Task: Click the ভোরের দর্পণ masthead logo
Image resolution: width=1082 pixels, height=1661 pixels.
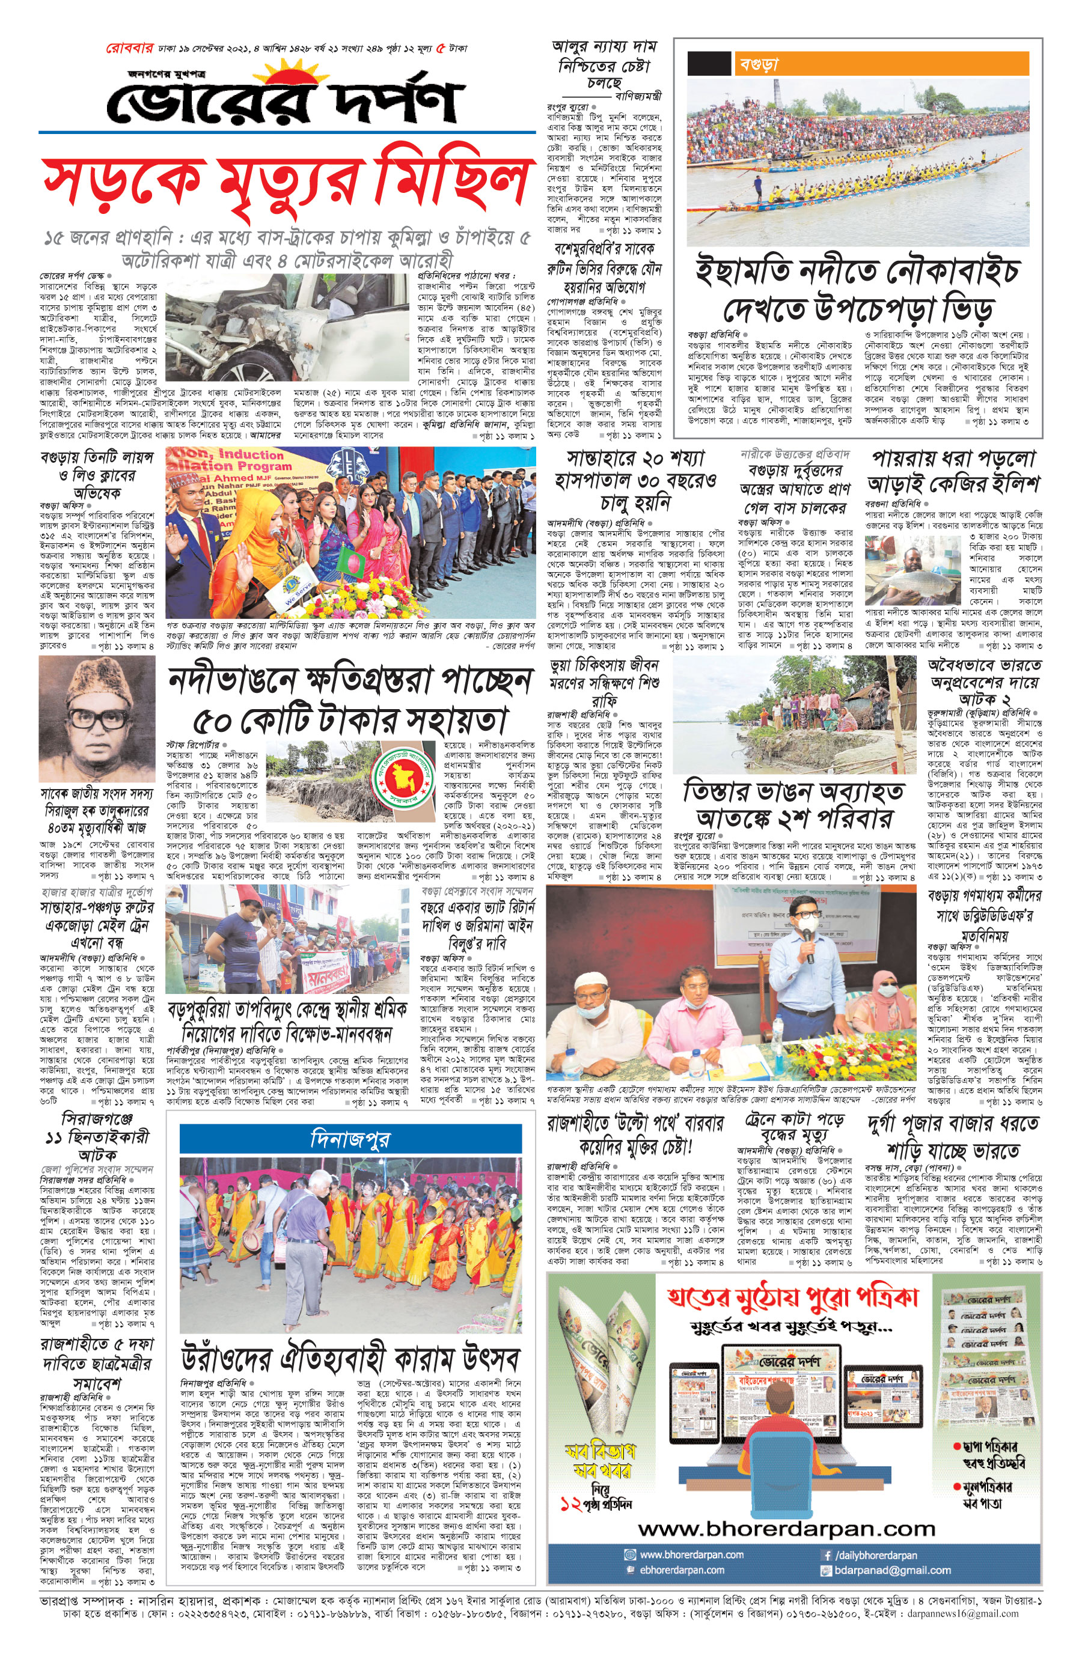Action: click(x=285, y=100)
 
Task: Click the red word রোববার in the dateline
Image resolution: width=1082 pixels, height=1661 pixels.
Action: click(x=129, y=49)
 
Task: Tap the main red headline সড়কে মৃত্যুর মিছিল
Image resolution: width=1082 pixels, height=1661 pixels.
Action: click(x=285, y=182)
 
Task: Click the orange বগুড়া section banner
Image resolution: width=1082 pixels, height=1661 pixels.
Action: click(x=882, y=64)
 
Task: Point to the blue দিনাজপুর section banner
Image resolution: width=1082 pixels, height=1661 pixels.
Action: click(x=350, y=1139)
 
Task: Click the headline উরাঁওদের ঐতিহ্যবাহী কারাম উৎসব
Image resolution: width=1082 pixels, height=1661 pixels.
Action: click(x=350, y=1358)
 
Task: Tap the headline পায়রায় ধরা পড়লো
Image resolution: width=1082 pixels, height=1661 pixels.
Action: click(x=953, y=460)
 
